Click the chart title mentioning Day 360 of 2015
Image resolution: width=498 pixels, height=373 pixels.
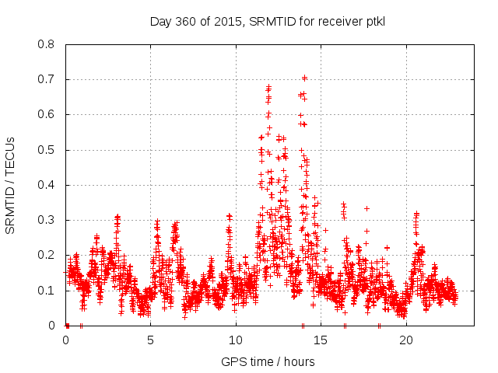[267, 21]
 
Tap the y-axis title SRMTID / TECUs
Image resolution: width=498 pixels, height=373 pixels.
[11, 185]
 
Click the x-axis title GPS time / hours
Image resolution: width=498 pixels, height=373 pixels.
[268, 361]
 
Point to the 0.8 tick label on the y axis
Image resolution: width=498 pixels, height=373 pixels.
[48, 44]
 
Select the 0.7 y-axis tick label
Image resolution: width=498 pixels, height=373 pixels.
[48, 79]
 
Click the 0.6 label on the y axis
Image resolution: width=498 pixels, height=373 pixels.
[48, 114]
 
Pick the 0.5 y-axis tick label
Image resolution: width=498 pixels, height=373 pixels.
[48, 150]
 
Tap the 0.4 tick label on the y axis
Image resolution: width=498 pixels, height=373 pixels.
[48, 185]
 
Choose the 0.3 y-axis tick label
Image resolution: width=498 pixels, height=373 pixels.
[48, 220]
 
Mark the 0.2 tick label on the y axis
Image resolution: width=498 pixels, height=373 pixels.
[48, 255]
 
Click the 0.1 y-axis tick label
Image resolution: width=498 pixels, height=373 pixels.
[48, 291]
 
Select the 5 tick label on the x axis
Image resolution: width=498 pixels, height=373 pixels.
[151, 340]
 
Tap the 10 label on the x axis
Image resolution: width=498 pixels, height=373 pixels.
[236, 340]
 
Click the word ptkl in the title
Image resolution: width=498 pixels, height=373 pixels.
[376, 21]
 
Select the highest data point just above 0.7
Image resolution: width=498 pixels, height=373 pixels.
[304, 78]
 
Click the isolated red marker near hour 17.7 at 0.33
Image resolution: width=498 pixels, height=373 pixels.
[366, 208]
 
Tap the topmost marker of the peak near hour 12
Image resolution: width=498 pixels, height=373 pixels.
[268, 86]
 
